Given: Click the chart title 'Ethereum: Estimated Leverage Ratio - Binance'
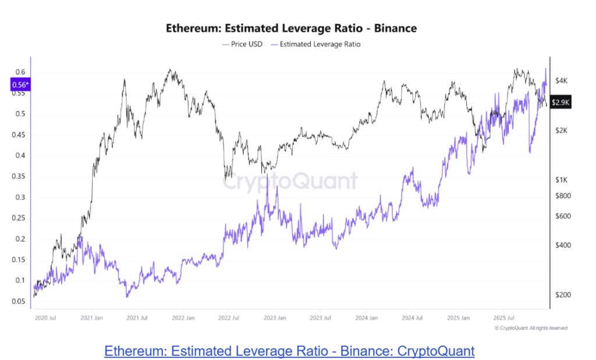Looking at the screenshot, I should pos(291,28).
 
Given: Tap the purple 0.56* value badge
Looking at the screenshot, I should pos(19,85).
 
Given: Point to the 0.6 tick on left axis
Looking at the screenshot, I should pos(20,72).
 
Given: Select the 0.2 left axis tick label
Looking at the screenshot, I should pos(20,239).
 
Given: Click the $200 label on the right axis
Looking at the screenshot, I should pos(562,295).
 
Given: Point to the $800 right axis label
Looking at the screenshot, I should pos(562,196).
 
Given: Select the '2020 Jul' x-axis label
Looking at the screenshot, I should pos(45,318).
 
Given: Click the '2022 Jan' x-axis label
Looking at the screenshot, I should pos(183,318).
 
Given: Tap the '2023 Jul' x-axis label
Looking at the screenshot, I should pos(320,318).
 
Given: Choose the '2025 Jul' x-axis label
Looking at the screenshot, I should pos(503,318).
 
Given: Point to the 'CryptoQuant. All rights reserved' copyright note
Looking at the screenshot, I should pos(530,328).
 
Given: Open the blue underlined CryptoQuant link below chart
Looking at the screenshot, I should pos(289,351).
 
